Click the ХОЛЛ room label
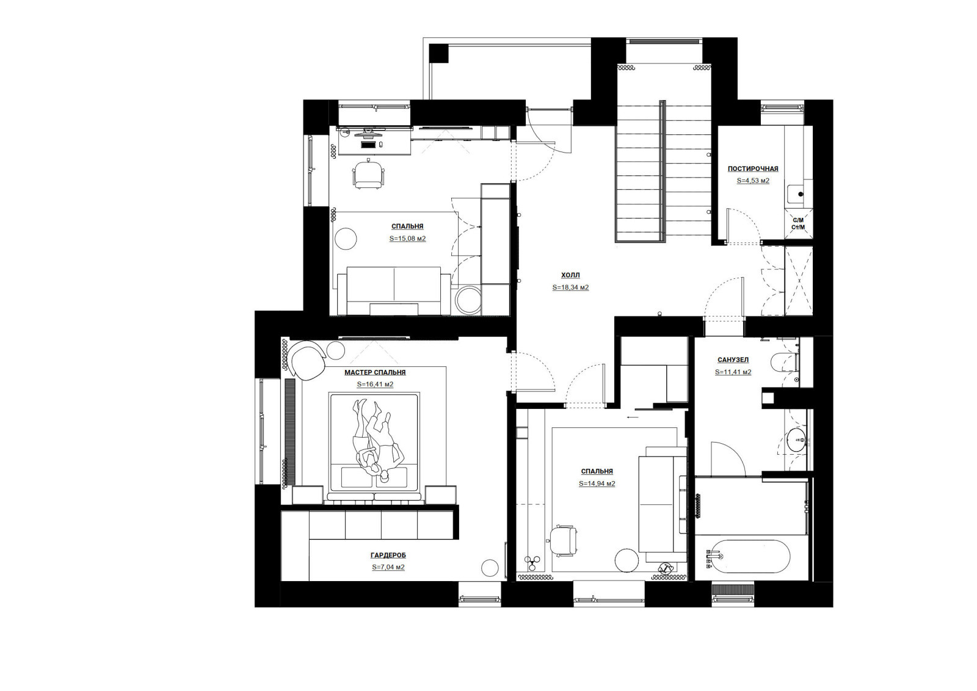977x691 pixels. click(570, 275)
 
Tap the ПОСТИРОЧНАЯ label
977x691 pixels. click(753, 168)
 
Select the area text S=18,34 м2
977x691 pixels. click(570, 288)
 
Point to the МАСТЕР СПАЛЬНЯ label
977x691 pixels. click(375, 372)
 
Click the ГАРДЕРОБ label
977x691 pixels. click(388, 555)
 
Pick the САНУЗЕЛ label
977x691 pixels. click(733, 360)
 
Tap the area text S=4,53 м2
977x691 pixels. click(753, 181)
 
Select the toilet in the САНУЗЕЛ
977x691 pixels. click(783, 361)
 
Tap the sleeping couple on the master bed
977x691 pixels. click(376, 440)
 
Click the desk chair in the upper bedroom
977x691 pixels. click(369, 175)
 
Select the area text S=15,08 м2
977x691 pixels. click(407, 239)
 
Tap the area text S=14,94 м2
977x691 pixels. click(597, 483)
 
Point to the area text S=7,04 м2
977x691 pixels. click(388, 567)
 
